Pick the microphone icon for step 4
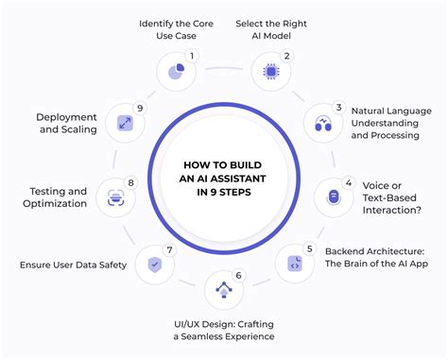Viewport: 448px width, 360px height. tap(333, 196)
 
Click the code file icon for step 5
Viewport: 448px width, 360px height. tap(295, 265)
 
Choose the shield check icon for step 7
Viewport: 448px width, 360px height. tap(153, 265)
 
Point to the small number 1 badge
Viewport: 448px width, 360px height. tap(192, 56)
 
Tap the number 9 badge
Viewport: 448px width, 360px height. tap(141, 108)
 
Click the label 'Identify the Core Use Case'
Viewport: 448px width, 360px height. tap(176, 29)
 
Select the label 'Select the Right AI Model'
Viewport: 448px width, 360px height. tap(271, 29)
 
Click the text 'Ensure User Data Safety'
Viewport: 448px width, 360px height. tap(73, 265)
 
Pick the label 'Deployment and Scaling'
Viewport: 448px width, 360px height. tap(67, 123)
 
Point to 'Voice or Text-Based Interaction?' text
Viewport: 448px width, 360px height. tap(391, 196)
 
